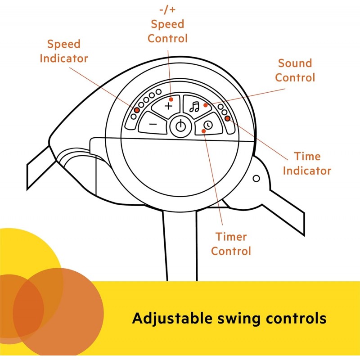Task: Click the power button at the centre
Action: pyautogui.click(x=180, y=126)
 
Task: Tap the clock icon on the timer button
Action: pyautogui.click(x=208, y=125)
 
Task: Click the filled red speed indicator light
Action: pyautogui.click(x=136, y=110)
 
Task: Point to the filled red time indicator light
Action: pyautogui.click(x=228, y=118)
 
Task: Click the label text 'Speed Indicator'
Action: pyautogui.click(x=63, y=51)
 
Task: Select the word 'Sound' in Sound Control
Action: pyautogui.click(x=295, y=63)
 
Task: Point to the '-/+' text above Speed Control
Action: pyautogui.click(x=167, y=10)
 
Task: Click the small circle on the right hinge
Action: pyautogui.click(x=256, y=179)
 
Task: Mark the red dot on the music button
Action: pyautogui.click(x=205, y=106)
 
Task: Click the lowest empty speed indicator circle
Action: pyautogui.click(x=133, y=117)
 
